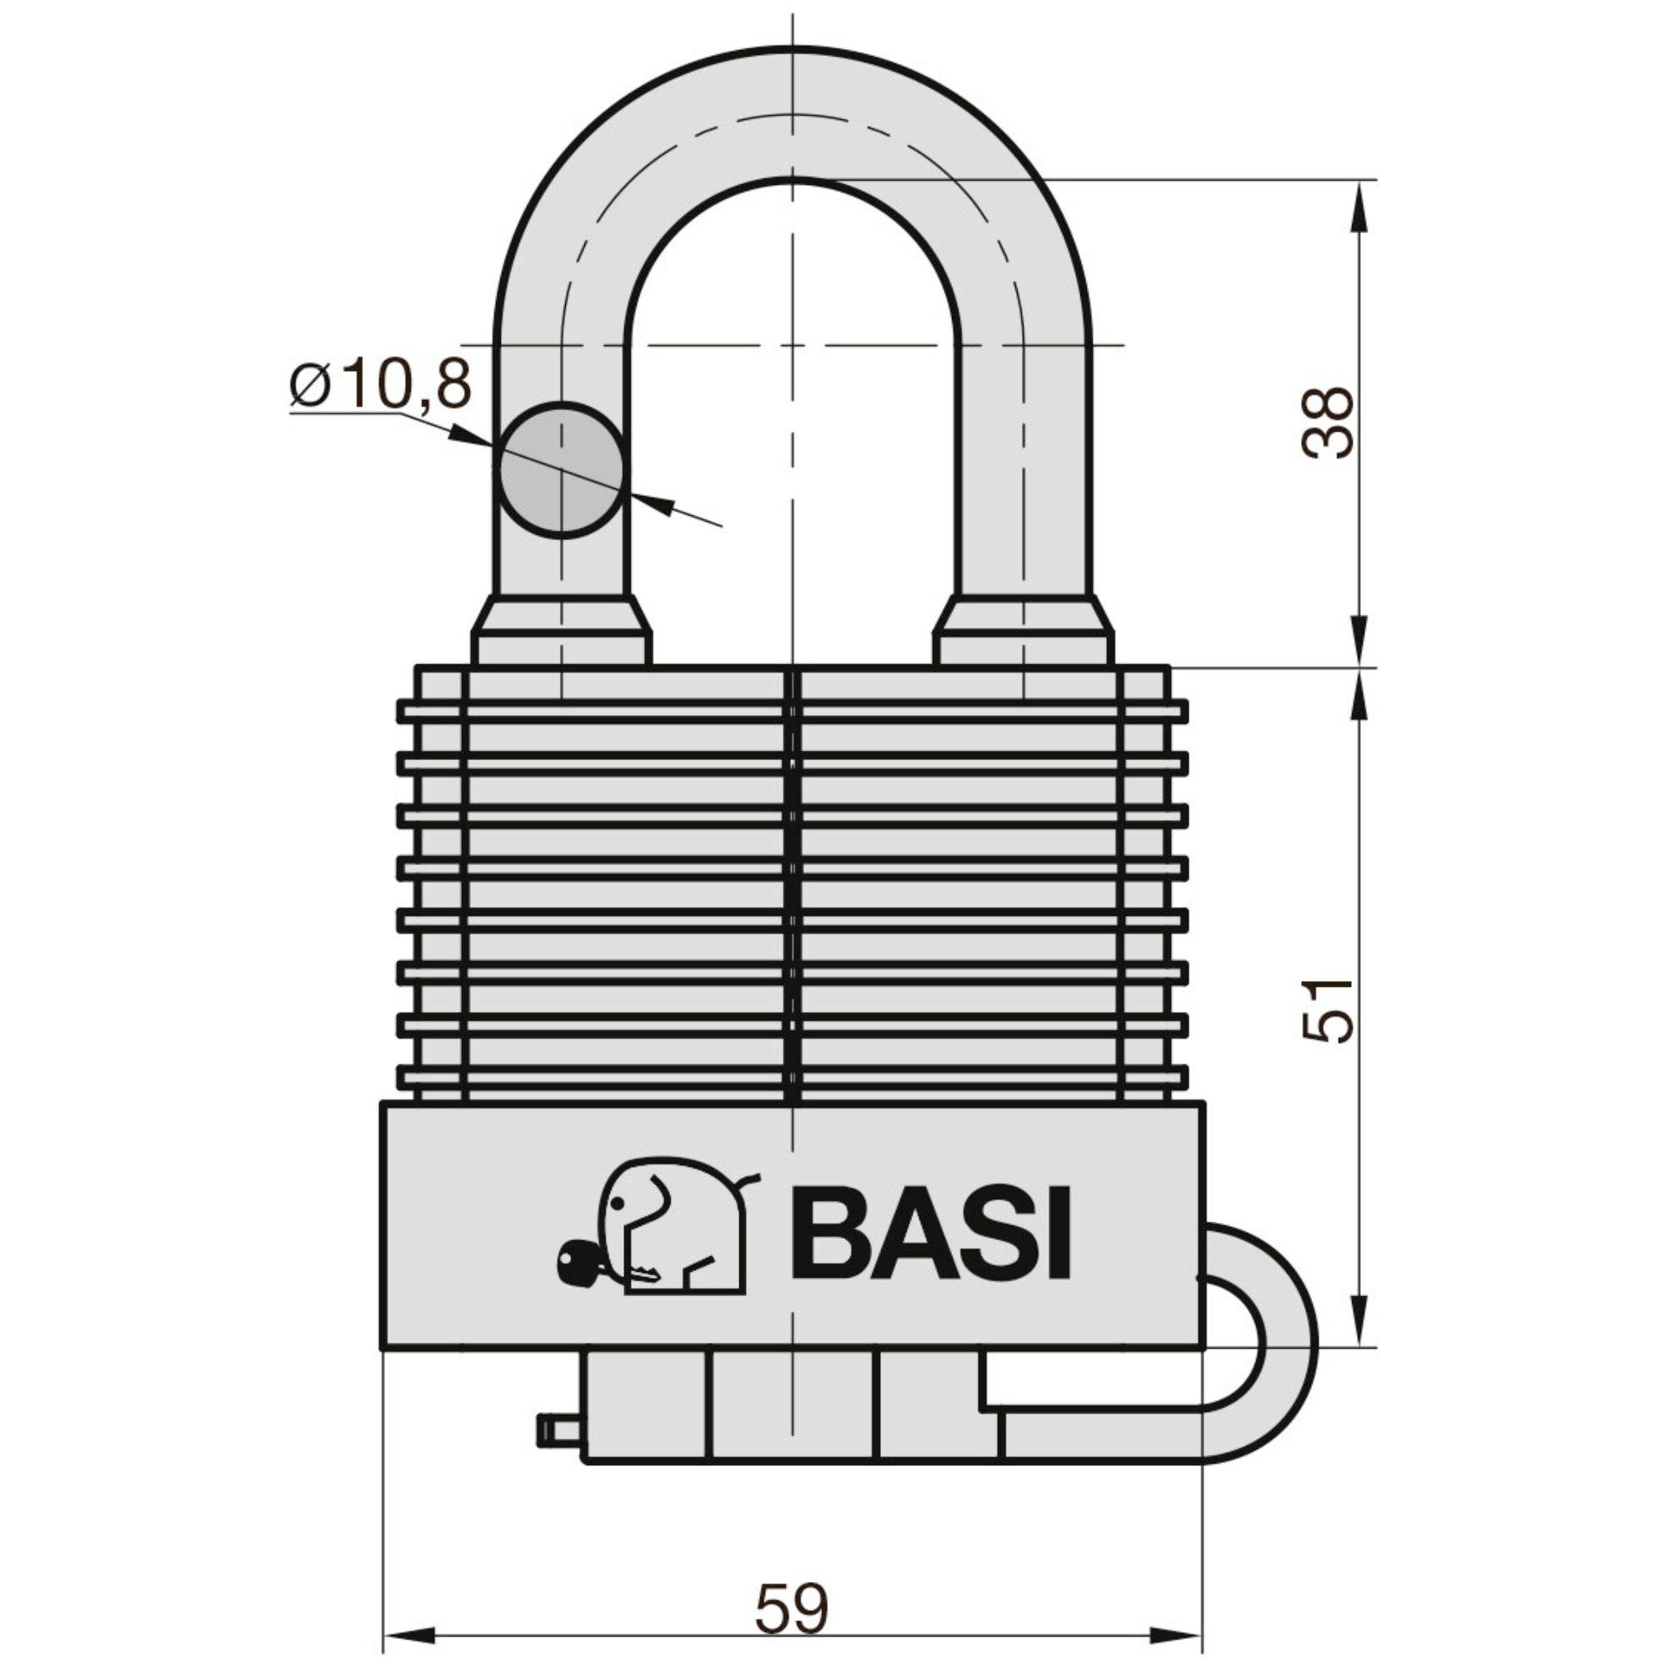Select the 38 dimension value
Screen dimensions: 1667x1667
(1327, 423)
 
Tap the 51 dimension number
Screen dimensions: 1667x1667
(1327, 1011)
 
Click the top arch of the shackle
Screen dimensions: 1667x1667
(791, 113)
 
